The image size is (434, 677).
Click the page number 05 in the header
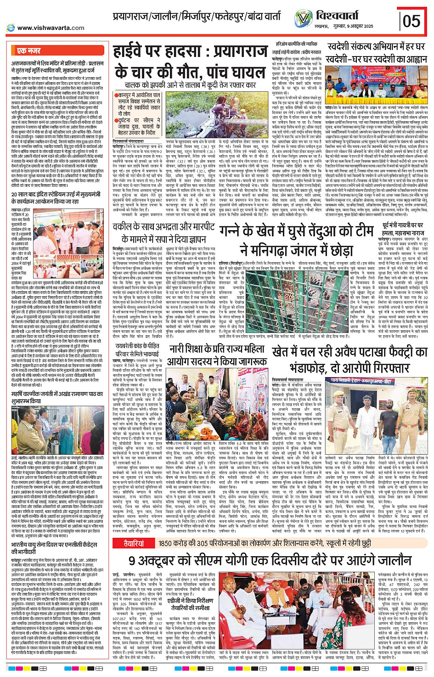pos(411,21)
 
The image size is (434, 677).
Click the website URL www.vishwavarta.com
pos(51,28)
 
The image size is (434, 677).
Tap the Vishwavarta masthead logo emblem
pos(303,18)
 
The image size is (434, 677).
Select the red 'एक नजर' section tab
pos(28,51)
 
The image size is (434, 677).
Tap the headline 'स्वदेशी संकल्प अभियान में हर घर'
pos(376,47)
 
